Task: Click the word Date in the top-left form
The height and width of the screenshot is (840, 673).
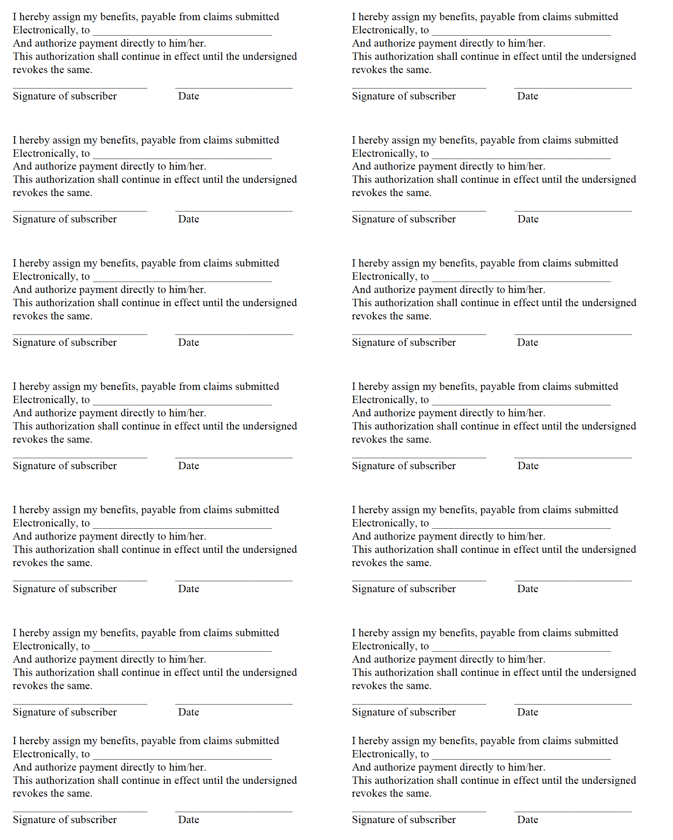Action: pyautogui.click(x=189, y=96)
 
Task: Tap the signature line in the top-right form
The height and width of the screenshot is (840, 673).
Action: pyautogui.click(x=419, y=88)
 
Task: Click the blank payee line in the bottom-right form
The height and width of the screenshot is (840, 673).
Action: pyautogui.click(x=521, y=758)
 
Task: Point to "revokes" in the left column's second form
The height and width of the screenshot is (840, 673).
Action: pyautogui.click(x=30, y=193)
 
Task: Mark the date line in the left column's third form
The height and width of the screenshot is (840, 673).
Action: pyautogui.click(x=234, y=334)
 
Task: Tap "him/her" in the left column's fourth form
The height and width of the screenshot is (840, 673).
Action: pyautogui.click(x=186, y=413)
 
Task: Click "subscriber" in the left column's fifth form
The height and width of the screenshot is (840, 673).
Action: pyautogui.click(x=94, y=589)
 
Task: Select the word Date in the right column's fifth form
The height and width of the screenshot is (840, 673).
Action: pyautogui.click(x=527, y=589)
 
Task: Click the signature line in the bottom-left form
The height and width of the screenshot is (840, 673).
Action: pyautogui.click(x=80, y=812)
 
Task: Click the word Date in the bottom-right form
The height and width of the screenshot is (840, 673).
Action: pyautogui.click(x=527, y=820)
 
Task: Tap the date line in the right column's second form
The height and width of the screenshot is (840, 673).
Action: pyautogui.click(x=572, y=211)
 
